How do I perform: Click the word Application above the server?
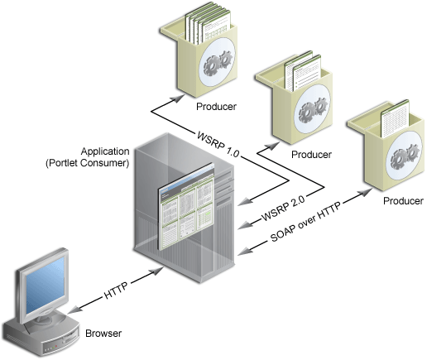[105, 151]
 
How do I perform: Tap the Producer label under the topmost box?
[216, 107]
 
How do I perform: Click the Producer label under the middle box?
[311, 154]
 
